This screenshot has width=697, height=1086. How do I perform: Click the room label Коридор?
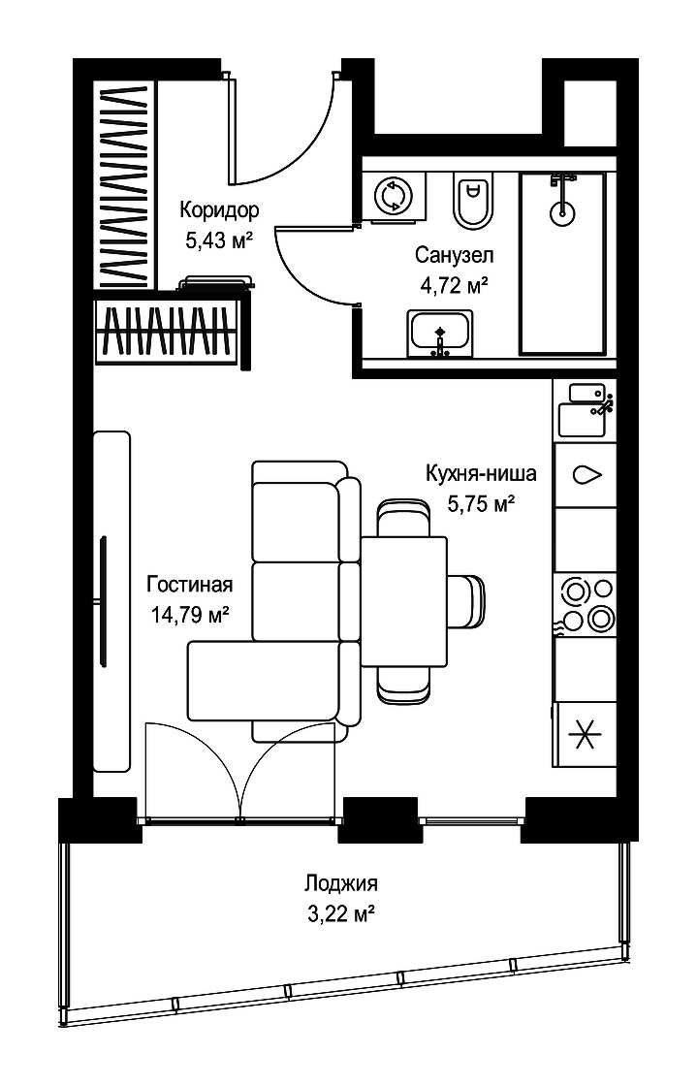click(x=219, y=209)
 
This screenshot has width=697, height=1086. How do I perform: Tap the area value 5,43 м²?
click(x=219, y=240)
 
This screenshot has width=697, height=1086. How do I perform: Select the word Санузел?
click(x=455, y=255)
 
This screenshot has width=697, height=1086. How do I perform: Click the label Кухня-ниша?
click(x=481, y=473)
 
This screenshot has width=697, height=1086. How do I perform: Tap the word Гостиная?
click(x=190, y=584)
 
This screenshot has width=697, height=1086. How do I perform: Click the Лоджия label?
click(x=340, y=883)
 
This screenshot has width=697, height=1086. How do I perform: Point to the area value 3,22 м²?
click(x=340, y=913)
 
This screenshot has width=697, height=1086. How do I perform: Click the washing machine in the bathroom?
click(x=395, y=196)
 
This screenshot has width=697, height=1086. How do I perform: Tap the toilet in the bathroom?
click(x=473, y=200)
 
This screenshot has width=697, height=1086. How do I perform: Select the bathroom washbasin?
click(x=440, y=333)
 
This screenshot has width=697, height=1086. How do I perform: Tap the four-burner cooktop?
click(x=586, y=603)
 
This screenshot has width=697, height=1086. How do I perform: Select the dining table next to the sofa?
click(x=404, y=602)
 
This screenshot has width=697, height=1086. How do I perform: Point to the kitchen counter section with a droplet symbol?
click(x=586, y=475)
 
